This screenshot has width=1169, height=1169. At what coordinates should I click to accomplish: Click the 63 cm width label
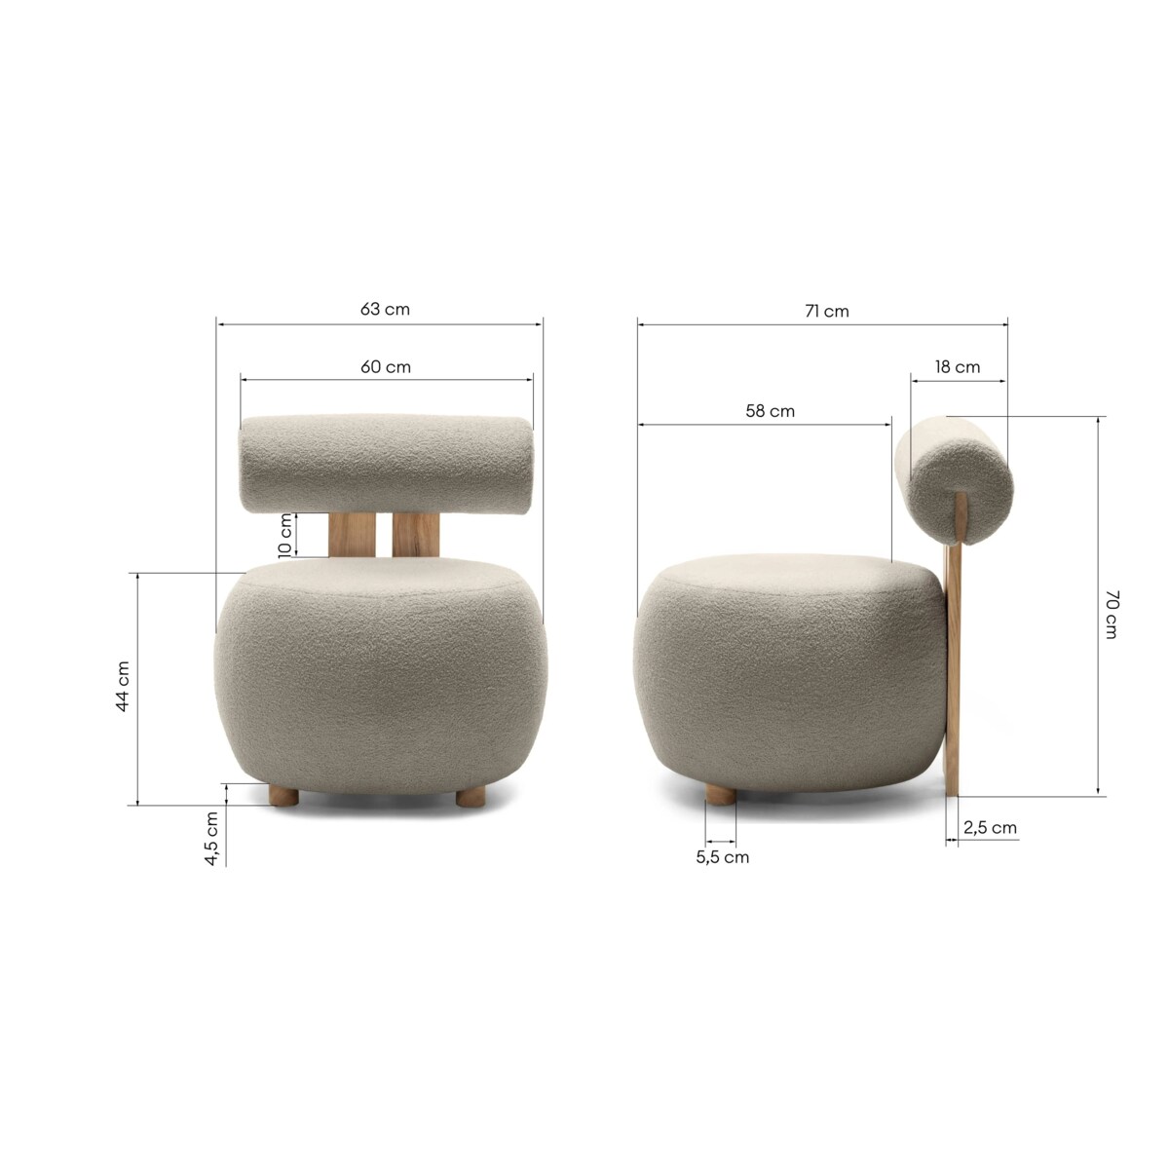pyautogui.click(x=385, y=310)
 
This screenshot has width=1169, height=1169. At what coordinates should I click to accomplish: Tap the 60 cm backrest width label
pyautogui.click(x=386, y=367)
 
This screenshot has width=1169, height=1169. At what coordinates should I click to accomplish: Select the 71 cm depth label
pyautogui.click(x=827, y=311)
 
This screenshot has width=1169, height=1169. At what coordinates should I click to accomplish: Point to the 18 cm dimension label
pyautogui.click(x=958, y=367)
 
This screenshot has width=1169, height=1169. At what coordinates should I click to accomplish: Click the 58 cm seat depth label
pyautogui.click(x=770, y=411)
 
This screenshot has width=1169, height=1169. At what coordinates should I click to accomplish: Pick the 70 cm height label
pyautogui.click(x=1112, y=614)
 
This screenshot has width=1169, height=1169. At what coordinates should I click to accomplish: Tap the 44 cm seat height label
pyautogui.click(x=122, y=686)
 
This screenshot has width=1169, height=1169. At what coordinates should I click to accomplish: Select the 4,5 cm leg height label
pyautogui.click(x=211, y=839)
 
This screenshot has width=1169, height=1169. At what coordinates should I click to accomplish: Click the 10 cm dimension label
pyautogui.click(x=284, y=535)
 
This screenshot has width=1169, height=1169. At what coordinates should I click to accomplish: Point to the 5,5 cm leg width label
pyautogui.click(x=722, y=857)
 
